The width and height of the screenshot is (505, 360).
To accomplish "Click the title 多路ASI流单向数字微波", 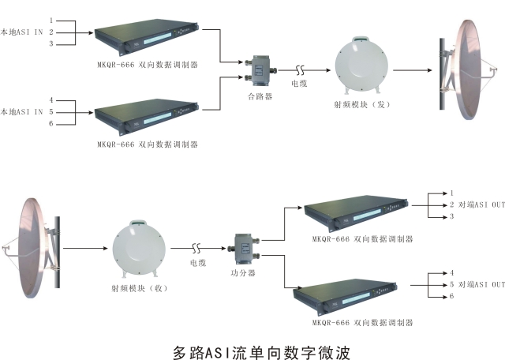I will [x=260, y=349].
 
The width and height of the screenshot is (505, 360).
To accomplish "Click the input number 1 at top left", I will [x=51, y=20].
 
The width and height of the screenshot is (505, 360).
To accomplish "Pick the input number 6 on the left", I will [x=51, y=124].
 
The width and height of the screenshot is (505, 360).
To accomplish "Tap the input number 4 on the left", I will [x=51, y=100].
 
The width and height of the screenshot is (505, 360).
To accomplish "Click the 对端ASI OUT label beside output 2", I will [x=481, y=205].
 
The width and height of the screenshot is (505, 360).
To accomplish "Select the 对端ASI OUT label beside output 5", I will [x=481, y=284].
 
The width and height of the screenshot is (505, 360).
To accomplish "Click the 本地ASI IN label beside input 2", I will [x=21, y=32].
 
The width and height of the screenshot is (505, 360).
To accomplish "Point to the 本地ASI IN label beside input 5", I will [x=21, y=112].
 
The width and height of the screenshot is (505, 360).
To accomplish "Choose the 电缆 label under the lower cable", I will [x=199, y=263].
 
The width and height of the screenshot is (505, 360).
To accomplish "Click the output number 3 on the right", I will [x=451, y=216].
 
